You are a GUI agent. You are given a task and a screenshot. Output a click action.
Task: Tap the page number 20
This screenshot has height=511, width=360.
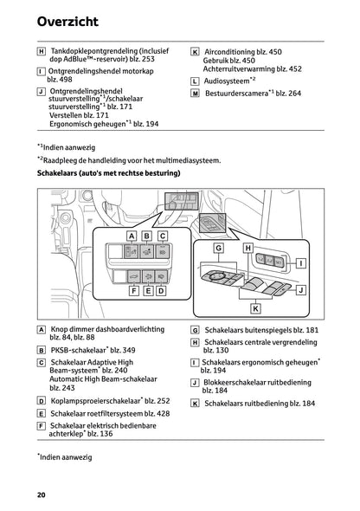tap(41, 495)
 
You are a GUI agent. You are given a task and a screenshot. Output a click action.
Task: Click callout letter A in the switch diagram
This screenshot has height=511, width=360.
tap(131, 235)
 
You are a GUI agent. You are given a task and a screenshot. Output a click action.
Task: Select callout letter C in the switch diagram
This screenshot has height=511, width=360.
tap(162, 235)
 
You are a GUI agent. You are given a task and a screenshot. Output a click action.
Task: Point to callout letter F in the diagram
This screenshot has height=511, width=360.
tap(134, 291)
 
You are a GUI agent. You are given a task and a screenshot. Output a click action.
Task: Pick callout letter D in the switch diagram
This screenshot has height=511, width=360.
tap(162, 291)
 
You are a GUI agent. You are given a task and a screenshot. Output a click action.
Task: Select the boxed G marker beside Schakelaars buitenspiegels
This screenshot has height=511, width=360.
tap(196, 330)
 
